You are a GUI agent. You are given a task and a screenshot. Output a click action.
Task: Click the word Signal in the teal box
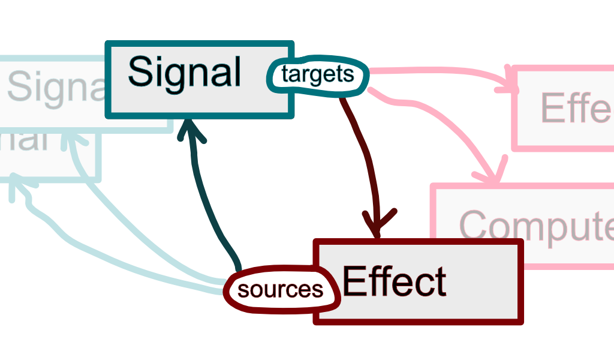184,72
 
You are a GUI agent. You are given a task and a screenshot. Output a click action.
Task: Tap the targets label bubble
317,75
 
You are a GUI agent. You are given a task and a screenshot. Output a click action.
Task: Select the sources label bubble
280,290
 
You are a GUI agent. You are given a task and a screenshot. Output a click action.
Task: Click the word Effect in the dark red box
394,281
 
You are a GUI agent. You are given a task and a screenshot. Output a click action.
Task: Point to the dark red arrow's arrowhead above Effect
378,224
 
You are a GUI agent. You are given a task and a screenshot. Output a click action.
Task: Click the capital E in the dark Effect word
354,281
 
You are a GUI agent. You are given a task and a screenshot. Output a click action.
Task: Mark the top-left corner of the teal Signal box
108,43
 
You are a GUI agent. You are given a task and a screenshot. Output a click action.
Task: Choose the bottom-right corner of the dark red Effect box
520,322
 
